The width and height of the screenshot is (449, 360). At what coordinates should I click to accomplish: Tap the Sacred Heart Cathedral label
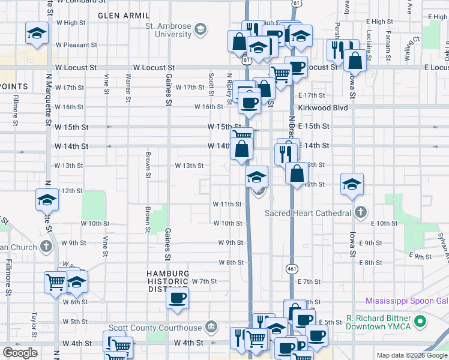click(308, 213)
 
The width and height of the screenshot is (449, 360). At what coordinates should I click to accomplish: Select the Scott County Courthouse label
click(155, 328)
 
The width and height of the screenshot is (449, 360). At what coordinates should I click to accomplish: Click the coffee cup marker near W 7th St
click(177, 298)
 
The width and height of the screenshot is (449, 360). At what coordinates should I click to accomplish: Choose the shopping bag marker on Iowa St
click(355, 61)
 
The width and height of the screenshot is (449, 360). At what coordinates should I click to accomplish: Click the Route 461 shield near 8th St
click(290, 268)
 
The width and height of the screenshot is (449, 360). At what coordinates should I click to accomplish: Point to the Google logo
click(19, 353)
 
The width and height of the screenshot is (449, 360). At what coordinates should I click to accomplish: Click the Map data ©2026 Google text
click(411, 355)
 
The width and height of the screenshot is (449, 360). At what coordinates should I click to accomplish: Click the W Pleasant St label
click(76, 45)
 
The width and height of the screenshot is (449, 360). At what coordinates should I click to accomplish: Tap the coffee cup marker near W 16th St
click(249, 102)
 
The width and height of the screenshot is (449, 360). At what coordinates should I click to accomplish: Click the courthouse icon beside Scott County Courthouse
click(211, 328)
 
